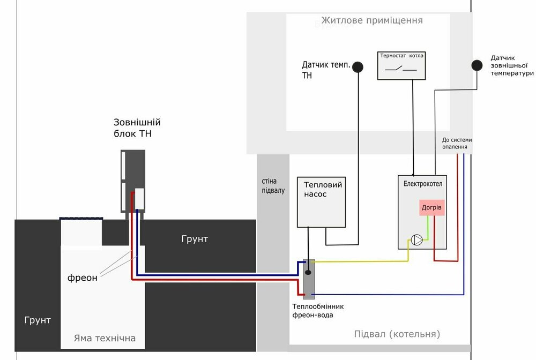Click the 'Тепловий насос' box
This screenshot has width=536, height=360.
(x=321, y=201)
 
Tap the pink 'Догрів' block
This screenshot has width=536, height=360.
(x=432, y=207)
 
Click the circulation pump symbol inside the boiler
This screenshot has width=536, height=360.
(x=416, y=240)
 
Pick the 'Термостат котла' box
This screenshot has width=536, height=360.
(x=402, y=65)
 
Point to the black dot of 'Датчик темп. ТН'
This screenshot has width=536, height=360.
(x=357, y=67)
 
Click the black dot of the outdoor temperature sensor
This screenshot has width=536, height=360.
(x=476, y=65)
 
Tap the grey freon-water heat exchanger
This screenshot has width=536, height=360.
(x=308, y=277)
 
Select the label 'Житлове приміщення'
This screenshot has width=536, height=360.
(x=372, y=21)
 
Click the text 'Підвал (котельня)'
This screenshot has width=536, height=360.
(x=397, y=334)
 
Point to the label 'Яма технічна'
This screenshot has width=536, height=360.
(x=105, y=339)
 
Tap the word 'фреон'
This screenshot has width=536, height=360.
(x=83, y=278)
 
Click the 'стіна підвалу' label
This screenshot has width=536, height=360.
(x=272, y=186)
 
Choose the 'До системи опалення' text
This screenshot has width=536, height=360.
(x=457, y=143)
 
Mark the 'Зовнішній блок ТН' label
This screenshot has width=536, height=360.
(x=137, y=128)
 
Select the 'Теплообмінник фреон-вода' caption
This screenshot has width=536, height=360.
(x=318, y=311)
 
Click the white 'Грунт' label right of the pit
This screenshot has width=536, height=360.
(x=195, y=239)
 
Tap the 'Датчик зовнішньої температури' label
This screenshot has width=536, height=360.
(x=512, y=65)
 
